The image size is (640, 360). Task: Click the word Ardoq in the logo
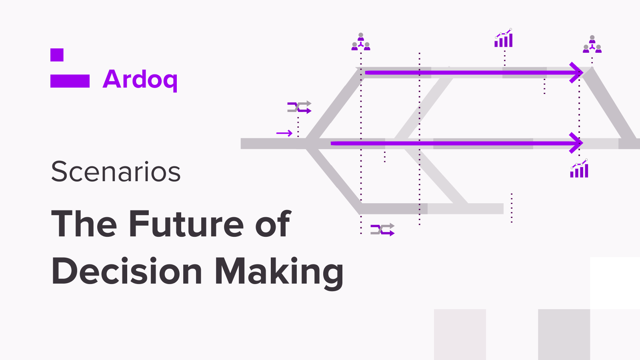140,80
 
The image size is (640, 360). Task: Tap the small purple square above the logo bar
57,55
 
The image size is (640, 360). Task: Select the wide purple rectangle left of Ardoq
70,81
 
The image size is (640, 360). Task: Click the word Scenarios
116,172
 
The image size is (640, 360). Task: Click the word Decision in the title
127,271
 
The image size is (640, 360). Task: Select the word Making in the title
279,273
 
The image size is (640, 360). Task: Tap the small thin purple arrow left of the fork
284,133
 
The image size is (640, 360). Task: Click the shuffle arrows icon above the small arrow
299,107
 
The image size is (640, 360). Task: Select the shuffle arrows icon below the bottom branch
382,230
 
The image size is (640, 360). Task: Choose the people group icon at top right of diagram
592,44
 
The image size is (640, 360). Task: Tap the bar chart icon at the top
504,38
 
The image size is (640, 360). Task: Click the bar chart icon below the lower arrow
579,168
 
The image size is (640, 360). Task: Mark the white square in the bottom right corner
615,283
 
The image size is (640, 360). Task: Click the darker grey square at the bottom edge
564,334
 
